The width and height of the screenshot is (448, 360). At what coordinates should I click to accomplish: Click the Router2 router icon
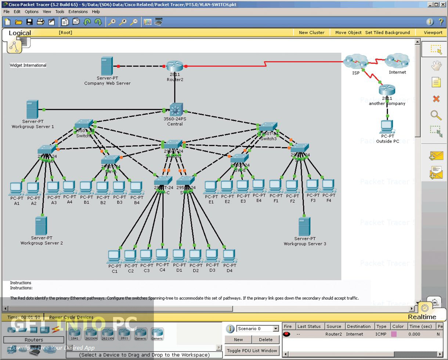(x=174, y=66)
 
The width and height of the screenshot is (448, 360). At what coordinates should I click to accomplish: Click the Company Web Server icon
(x=107, y=66)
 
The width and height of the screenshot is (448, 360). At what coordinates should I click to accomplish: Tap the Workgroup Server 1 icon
(x=32, y=109)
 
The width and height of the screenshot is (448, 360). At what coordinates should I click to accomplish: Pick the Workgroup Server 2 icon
(x=41, y=226)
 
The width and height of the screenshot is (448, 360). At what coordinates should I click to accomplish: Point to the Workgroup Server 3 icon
(x=304, y=226)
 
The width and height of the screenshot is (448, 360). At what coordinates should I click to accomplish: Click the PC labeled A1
(x=16, y=188)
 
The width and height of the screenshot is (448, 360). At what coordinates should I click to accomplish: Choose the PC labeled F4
(x=328, y=186)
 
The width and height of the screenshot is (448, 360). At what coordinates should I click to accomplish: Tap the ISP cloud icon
(x=355, y=61)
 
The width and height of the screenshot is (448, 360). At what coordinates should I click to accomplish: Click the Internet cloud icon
(x=397, y=61)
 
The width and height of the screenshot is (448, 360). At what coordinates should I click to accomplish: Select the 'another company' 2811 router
(x=387, y=90)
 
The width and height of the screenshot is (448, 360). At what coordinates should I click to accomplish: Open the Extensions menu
(x=78, y=11)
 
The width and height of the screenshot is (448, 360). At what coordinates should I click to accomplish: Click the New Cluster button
(x=311, y=32)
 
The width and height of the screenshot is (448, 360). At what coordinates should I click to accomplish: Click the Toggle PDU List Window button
(x=252, y=350)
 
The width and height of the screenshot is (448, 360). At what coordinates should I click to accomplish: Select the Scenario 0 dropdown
(x=257, y=329)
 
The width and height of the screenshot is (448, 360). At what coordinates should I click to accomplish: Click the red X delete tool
(x=436, y=98)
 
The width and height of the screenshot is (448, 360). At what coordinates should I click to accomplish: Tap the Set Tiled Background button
(x=387, y=32)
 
